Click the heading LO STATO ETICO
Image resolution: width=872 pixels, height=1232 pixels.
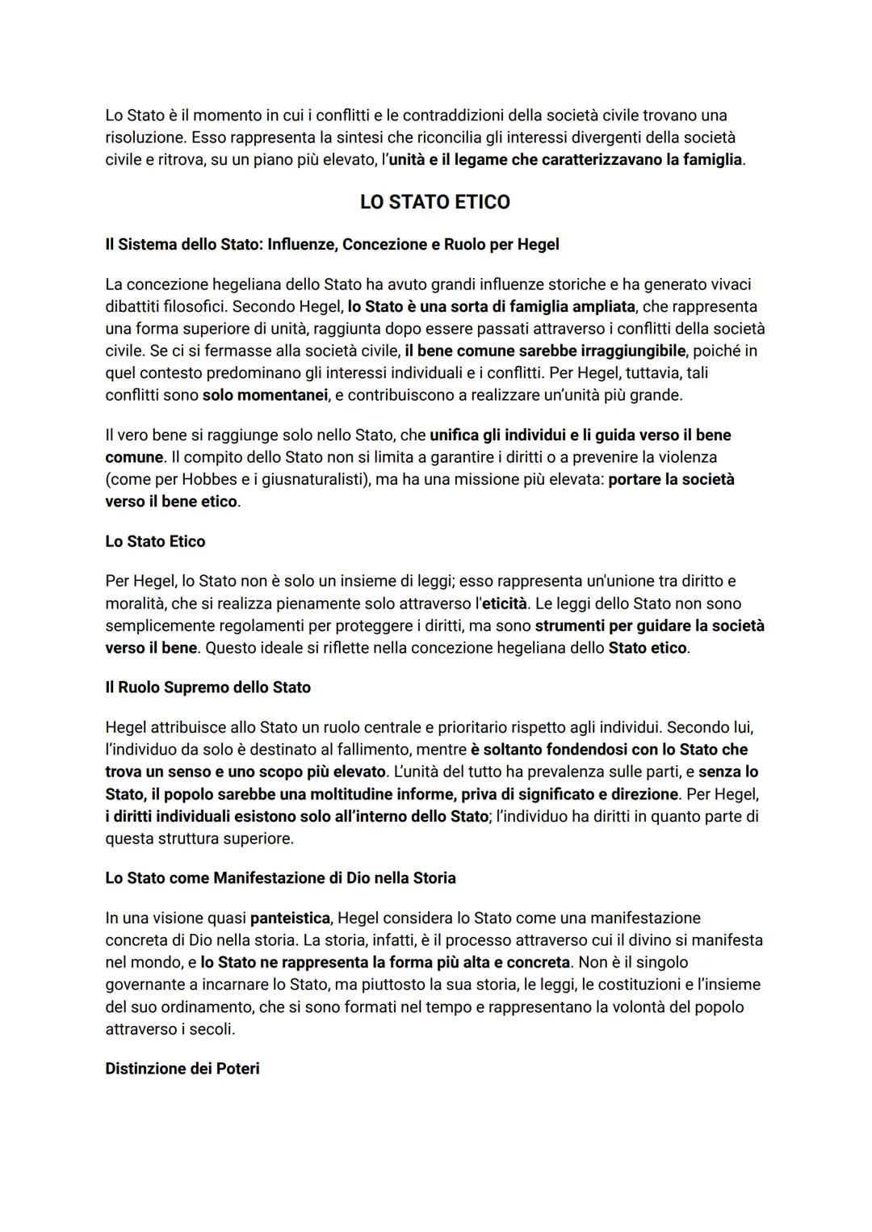point(434,202)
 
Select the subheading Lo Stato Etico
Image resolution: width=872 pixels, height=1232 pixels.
point(155,541)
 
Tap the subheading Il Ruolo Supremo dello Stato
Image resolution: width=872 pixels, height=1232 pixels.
point(208,687)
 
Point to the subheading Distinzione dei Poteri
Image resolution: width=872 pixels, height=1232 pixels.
point(182,1069)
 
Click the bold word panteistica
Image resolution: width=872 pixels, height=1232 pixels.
point(290,919)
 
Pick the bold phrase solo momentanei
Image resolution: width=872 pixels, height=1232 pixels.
point(265,396)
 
